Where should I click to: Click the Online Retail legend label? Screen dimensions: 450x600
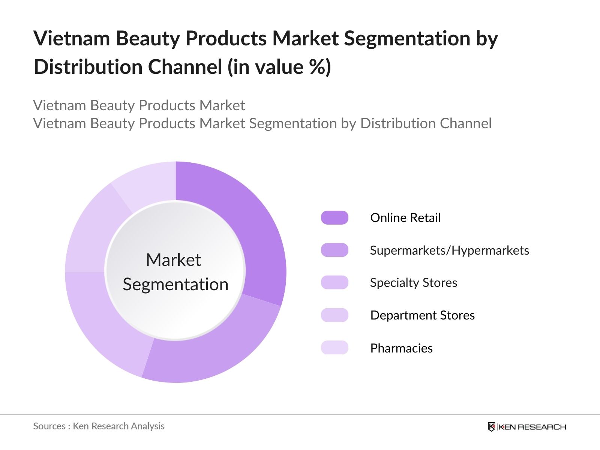point(405,218)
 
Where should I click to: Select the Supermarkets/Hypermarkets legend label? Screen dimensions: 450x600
point(449,250)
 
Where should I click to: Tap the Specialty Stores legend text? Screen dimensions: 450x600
point(413,283)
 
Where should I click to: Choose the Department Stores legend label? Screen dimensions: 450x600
point(422,315)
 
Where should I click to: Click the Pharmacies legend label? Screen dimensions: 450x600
point(401,348)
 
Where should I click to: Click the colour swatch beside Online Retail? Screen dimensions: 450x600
point(334,218)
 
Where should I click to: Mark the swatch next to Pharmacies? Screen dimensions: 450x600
point(334,348)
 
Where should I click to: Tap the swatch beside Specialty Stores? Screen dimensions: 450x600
point(334,283)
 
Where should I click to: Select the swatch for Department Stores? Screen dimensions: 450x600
point(334,315)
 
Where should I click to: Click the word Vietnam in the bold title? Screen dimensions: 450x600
point(71,38)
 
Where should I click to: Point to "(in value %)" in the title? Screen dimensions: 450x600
point(279,67)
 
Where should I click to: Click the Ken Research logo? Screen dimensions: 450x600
point(526,427)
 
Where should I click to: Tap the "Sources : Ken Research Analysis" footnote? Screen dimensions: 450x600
point(99,426)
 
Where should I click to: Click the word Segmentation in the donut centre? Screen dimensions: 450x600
point(175,284)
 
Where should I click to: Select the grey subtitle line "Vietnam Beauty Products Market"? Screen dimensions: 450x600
point(139,105)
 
